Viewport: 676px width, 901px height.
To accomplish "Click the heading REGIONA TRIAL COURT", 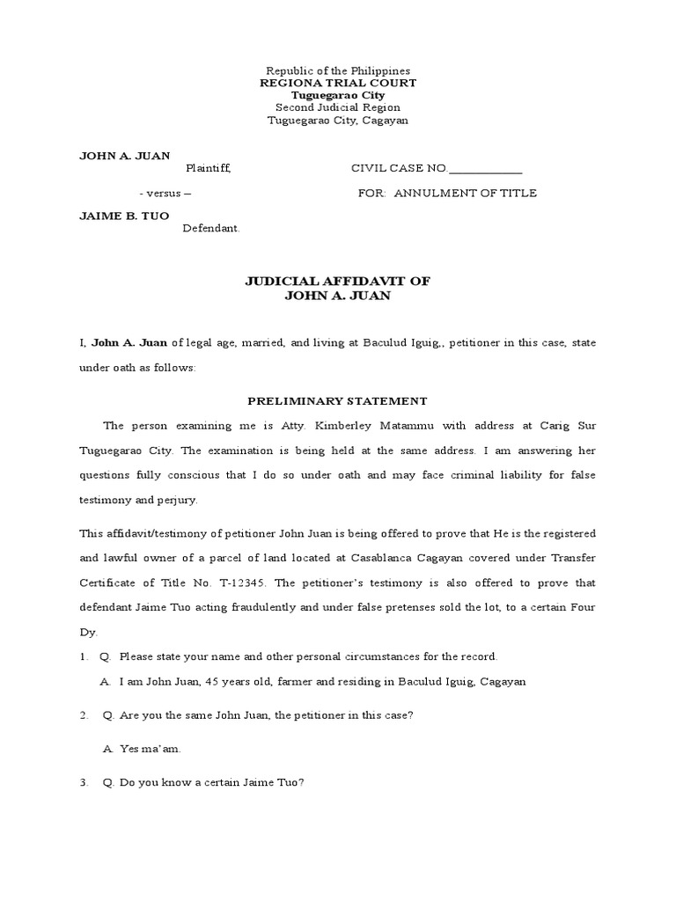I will [338, 83].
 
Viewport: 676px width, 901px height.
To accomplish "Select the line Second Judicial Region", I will [338, 107].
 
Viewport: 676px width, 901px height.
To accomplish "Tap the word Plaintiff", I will [208, 168].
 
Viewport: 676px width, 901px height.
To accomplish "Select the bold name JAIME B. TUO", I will [124, 216].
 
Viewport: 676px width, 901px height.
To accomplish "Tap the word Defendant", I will [210, 228].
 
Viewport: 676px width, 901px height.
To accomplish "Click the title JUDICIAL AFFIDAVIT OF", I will [337, 281].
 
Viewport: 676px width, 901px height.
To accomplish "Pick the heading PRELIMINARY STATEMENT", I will [337, 401].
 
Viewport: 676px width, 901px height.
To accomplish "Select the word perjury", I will [178, 499].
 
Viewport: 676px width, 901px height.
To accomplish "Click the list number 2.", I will [83, 715].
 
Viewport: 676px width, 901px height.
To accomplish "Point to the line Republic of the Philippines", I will [338, 70].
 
